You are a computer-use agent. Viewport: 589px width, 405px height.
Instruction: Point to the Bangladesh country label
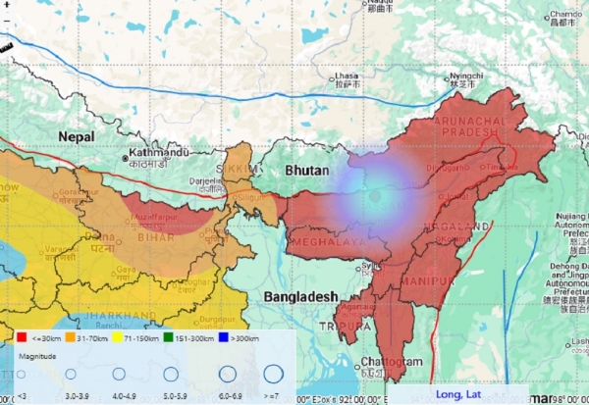300,295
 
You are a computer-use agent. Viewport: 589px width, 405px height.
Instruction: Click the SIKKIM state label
244,170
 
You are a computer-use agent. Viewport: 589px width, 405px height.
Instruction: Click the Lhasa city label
347,76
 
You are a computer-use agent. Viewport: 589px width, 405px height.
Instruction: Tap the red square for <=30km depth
23,338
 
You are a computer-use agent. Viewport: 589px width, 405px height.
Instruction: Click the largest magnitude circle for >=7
272,374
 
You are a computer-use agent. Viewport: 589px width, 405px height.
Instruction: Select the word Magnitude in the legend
36,356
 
